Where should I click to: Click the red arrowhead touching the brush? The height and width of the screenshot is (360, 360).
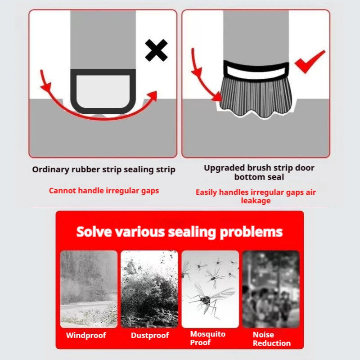217,95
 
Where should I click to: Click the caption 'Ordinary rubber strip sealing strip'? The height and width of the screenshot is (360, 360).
103,170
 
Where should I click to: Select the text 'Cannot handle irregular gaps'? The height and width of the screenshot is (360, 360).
103,190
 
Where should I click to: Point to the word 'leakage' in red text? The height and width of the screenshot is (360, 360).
256,201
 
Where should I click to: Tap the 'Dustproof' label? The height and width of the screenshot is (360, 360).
150,335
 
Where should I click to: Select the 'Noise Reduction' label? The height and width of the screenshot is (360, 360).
271,339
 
